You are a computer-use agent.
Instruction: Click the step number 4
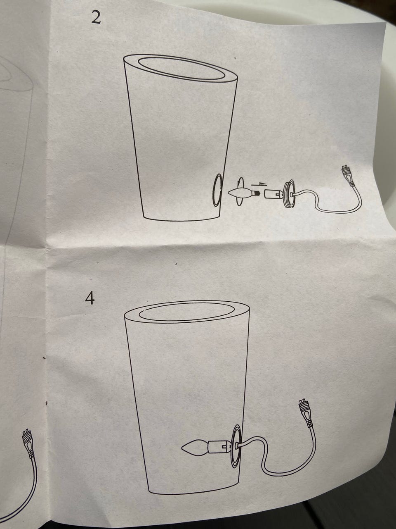pos(90,299)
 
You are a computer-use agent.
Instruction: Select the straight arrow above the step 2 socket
pos(259,184)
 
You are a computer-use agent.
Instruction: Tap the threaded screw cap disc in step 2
pos(290,193)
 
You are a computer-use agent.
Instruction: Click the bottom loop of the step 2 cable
pos(337,211)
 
